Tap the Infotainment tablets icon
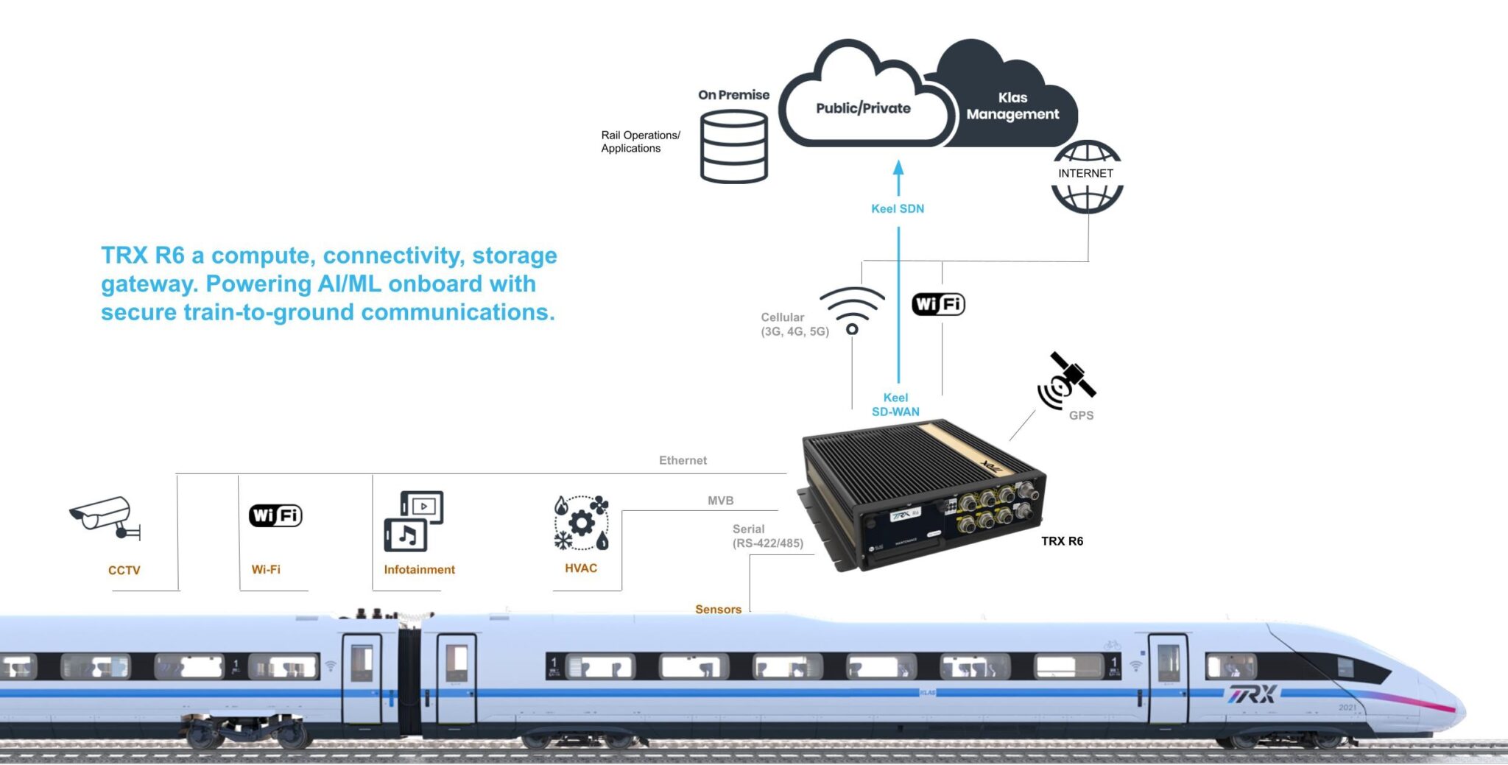(x=413, y=521)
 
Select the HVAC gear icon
(x=581, y=523)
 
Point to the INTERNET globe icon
(x=1087, y=177)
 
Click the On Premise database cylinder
(x=733, y=147)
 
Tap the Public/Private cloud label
(x=863, y=108)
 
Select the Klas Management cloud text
(x=1012, y=106)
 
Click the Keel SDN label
(x=898, y=209)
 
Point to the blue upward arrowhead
(x=898, y=168)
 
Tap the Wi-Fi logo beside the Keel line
(x=938, y=304)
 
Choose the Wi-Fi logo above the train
(x=275, y=515)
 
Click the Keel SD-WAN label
(x=895, y=405)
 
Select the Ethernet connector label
(x=683, y=461)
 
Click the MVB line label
(x=720, y=501)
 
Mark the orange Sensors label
(x=718, y=610)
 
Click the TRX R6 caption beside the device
(x=1062, y=541)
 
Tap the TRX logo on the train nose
(x=1251, y=694)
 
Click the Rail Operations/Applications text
(x=640, y=142)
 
